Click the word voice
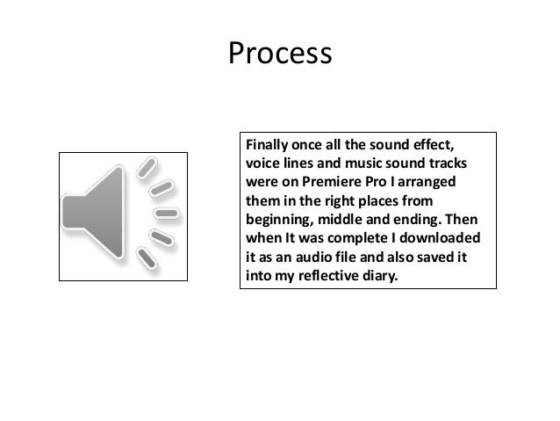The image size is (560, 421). pyautogui.click(x=262, y=164)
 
